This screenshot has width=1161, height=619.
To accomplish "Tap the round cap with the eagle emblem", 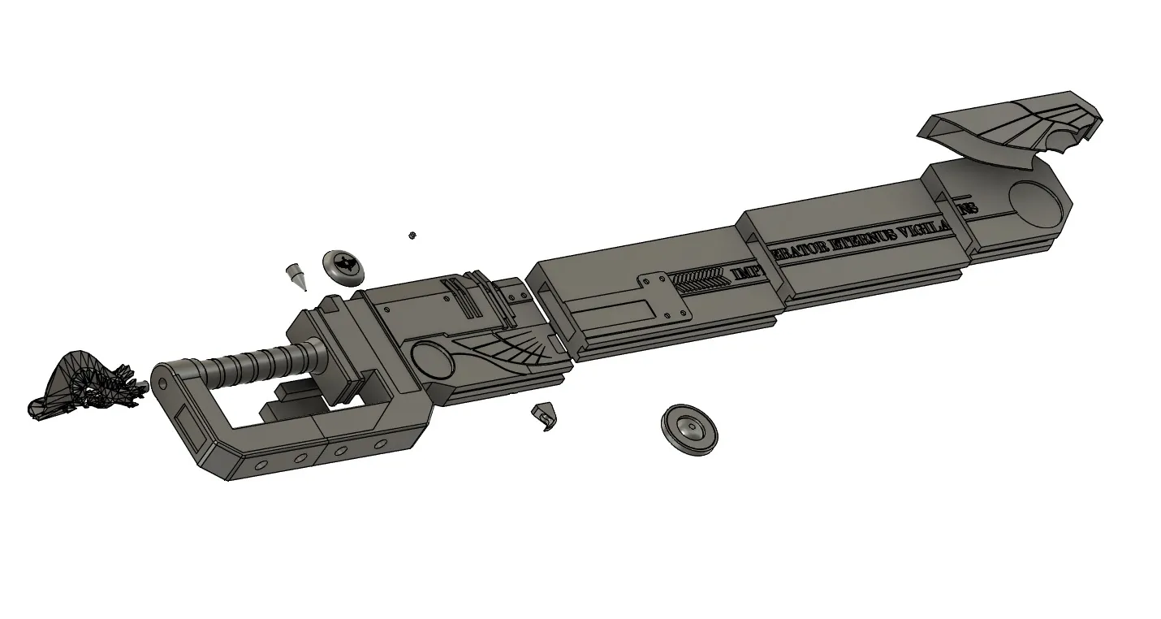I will (x=344, y=266).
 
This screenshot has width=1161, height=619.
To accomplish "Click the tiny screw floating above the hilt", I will (x=412, y=236).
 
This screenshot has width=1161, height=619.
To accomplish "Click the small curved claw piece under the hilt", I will (x=545, y=417).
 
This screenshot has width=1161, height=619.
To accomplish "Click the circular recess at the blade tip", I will (x=1035, y=204).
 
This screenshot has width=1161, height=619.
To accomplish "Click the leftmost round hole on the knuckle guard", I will (x=261, y=465).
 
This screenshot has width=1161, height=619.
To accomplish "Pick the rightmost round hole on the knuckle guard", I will (x=379, y=444).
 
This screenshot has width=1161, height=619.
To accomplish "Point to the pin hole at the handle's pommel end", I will (x=161, y=382).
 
